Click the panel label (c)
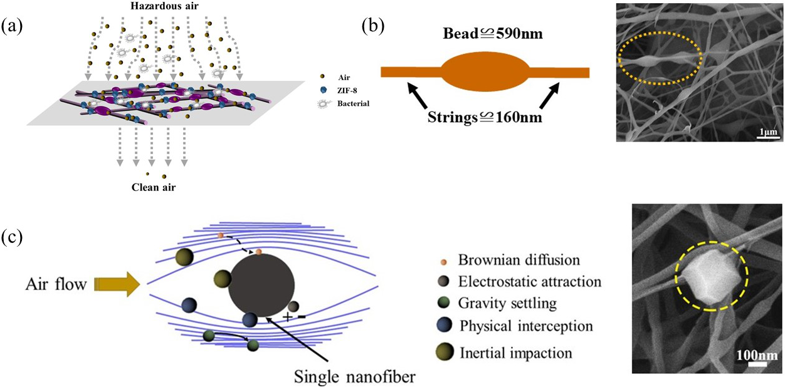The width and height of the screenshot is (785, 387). point(13,239)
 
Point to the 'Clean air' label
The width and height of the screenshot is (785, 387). point(154,186)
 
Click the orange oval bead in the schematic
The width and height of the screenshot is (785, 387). point(485,71)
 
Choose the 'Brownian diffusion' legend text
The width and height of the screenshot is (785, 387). point(519,259)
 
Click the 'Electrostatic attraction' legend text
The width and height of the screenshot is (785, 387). point(530,282)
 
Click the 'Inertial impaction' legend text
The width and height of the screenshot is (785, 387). point(515,353)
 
